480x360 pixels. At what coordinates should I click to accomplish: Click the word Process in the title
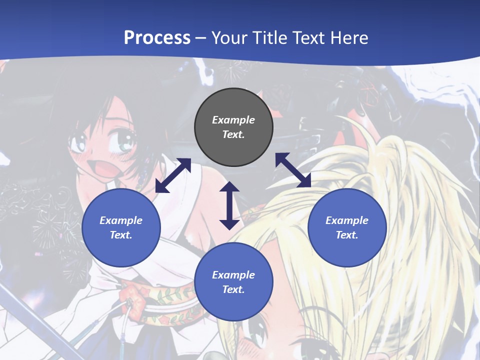pos(157,38)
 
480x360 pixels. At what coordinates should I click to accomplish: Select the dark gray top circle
pos(233,127)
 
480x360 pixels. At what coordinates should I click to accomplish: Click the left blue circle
pos(121,228)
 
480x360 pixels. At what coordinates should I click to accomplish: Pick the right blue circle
pos(347,228)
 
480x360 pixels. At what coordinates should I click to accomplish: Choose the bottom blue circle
pos(233,282)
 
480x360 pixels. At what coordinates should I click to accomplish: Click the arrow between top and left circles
pos(173,175)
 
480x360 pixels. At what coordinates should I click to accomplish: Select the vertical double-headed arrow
pos(229,205)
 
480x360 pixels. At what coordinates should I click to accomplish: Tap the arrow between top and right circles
pos(293,170)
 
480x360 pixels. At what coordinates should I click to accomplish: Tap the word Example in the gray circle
pos(233,120)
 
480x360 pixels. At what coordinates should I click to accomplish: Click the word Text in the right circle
pos(346,235)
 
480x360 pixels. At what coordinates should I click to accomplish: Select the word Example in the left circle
pos(121,220)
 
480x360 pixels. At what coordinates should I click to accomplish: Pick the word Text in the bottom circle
pos(233,289)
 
